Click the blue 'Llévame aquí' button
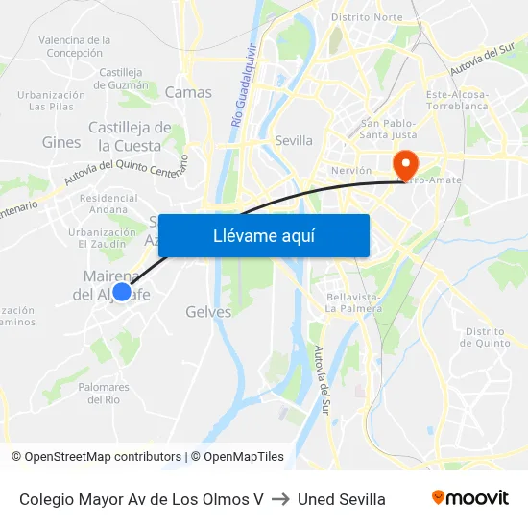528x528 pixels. pyautogui.click(x=263, y=235)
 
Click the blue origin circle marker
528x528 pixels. pyautogui.click(x=122, y=292)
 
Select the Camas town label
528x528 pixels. pyautogui.click(x=188, y=92)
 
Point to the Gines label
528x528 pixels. pyautogui.click(x=61, y=142)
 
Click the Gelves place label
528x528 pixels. pyautogui.click(x=208, y=312)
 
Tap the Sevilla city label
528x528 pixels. pyautogui.click(x=294, y=140)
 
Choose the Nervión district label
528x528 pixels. pyautogui.click(x=350, y=170)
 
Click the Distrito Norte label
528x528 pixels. pyautogui.click(x=367, y=17)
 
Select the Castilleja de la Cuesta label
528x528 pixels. pyautogui.click(x=130, y=136)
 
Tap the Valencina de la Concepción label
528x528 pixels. pyautogui.click(x=74, y=46)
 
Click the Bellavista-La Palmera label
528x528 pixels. pyautogui.click(x=353, y=303)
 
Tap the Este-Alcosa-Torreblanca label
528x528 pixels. pyautogui.click(x=458, y=101)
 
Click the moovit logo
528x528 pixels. pyautogui.click(x=469, y=498)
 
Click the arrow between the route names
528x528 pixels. pyautogui.click(x=280, y=499)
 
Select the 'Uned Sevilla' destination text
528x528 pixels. pyautogui.click(x=342, y=499)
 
